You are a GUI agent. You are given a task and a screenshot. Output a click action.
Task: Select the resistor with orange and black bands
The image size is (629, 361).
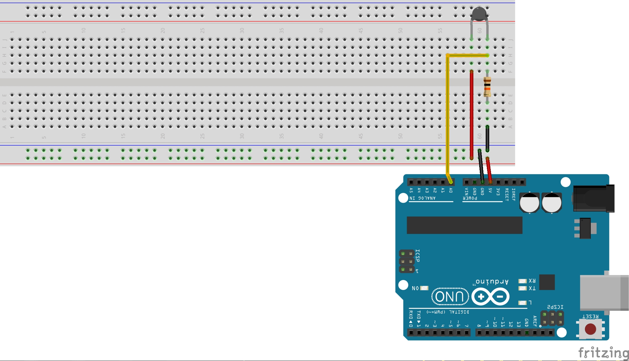(x=487, y=87)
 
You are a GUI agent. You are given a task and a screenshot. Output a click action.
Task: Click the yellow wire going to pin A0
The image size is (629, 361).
(x=447, y=117)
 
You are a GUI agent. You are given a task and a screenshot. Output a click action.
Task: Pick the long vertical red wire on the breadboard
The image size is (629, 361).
(x=471, y=114)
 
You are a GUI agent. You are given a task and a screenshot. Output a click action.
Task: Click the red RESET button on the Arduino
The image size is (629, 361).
(x=590, y=329)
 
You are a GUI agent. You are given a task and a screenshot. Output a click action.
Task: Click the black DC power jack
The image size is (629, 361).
(x=593, y=198)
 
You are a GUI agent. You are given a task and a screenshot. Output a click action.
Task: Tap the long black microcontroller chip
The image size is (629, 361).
(x=464, y=225)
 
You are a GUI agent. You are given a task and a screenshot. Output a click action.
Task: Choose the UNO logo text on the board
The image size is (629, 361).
(x=450, y=297)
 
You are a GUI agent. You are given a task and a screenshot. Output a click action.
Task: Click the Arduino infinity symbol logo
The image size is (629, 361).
(x=490, y=297)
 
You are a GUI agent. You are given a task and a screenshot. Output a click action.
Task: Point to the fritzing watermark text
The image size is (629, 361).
(x=603, y=352)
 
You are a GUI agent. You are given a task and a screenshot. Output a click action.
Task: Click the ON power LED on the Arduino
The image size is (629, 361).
(x=424, y=288)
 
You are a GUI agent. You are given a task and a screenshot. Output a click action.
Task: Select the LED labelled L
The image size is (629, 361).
(x=522, y=303)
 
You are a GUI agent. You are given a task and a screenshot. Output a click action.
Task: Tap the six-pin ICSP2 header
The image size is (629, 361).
(x=552, y=318)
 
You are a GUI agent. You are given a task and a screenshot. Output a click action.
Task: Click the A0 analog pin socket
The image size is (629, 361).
(x=451, y=182)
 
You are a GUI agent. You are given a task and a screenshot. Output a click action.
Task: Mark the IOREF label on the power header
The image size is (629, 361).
(x=514, y=194)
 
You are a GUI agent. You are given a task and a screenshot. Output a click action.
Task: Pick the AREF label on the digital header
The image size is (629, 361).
(x=535, y=321)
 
